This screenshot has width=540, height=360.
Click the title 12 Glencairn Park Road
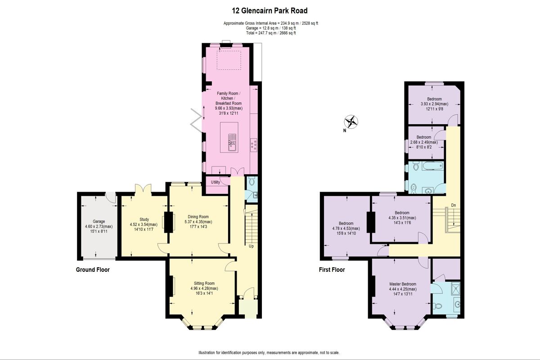pyautogui.click(x=270, y=11)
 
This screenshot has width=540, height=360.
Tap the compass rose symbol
pyautogui.click(x=352, y=121)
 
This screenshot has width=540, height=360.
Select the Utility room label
pyautogui.click(x=216, y=182)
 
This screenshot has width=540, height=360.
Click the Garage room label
pyautogui.click(x=95, y=221)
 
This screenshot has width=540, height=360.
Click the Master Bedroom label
pyautogui.click(x=403, y=284)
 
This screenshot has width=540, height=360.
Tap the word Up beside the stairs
pyautogui.click(x=251, y=246)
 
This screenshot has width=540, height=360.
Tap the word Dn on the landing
pyautogui.click(x=453, y=205)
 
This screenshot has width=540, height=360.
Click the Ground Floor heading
pyautogui.click(x=93, y=270)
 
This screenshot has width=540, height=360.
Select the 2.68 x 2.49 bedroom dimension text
pyautogui.click(x=424, y=142)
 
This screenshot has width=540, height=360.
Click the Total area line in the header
pyautogui.click(x=270, y=33)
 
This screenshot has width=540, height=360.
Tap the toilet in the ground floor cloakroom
pyautogui.click(x=251, y=182)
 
